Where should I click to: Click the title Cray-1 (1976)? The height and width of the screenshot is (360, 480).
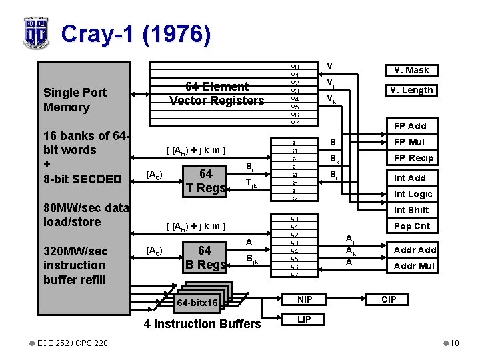click(136, 33)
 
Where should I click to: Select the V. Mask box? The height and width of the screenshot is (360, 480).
click(411, 70)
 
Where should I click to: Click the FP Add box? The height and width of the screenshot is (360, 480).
click(410, 126)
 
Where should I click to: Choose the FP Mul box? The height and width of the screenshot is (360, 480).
click(409, 142)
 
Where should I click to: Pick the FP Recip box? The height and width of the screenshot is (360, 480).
click(413, 158)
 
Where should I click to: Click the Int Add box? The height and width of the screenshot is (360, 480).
click(409, 178)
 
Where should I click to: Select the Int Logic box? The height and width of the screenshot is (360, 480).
click(413, 194)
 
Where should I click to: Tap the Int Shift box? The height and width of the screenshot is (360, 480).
click(411, 210)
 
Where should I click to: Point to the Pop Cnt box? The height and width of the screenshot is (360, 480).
click(412, 226)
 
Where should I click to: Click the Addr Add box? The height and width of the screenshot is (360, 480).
click(415, 250)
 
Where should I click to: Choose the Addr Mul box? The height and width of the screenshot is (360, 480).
click(415, 266)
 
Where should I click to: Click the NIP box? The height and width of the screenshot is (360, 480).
click(304, 299)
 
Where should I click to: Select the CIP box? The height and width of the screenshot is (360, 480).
click(389, 299)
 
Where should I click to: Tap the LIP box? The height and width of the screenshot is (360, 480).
click(304, 319)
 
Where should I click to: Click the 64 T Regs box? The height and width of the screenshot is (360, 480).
click(206, 181)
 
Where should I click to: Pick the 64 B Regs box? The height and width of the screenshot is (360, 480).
click(205, 257)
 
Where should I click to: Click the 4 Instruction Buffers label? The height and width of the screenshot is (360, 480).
click(203, 324)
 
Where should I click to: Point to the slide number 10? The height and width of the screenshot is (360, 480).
click(453, 343)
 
